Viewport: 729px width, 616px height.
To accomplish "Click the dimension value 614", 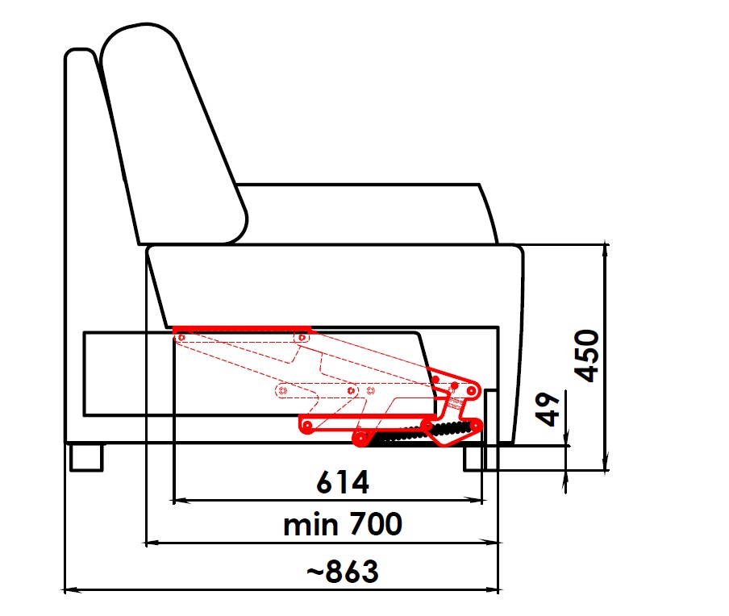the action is tap(343, 482).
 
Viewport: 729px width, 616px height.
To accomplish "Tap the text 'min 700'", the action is tap(343, 524).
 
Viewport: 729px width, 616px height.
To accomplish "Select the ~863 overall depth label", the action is tap(343, 572).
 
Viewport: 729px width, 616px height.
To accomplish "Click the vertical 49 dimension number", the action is tap(548, 409).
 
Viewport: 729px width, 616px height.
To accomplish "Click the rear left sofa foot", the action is tap(86, 458).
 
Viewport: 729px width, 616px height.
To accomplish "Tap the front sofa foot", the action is tap(473, 459).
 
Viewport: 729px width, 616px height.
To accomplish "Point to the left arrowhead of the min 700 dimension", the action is tap(153, 543).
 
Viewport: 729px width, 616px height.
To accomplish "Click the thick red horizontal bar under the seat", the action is tap(242, 329).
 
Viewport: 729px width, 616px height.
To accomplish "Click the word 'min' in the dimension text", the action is tap(310, 526).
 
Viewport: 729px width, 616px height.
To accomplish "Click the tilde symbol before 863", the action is tap(315, 572).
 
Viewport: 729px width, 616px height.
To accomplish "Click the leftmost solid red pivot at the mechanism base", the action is tap(307, 426).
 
